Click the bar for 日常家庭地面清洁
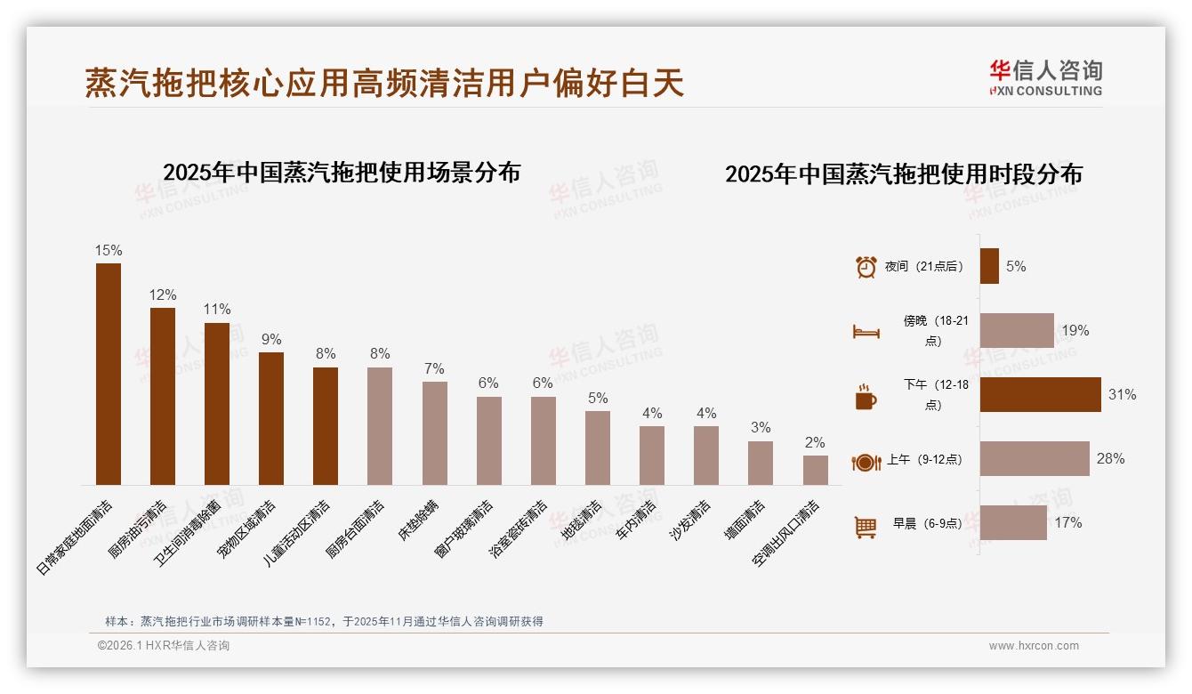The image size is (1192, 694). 109,374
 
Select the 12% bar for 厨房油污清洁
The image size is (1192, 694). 163,396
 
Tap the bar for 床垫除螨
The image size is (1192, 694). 435,433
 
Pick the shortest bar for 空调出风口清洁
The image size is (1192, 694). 816,470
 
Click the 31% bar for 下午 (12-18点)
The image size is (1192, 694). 1040,394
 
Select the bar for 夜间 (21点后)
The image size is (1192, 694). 989,266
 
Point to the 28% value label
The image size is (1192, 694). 1110,459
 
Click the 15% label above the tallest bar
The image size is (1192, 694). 109,251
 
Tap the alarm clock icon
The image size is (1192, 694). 866,267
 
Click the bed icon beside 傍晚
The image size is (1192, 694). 866,332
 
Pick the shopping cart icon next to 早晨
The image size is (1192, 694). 866,527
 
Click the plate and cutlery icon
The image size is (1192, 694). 866,462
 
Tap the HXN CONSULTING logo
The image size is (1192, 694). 1045,78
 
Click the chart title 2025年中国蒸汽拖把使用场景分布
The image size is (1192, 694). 342,173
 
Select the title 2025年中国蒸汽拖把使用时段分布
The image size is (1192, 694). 903,174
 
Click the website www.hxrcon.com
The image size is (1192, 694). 1034,646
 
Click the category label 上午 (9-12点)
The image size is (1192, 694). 923,461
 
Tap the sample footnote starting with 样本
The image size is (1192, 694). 324,621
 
